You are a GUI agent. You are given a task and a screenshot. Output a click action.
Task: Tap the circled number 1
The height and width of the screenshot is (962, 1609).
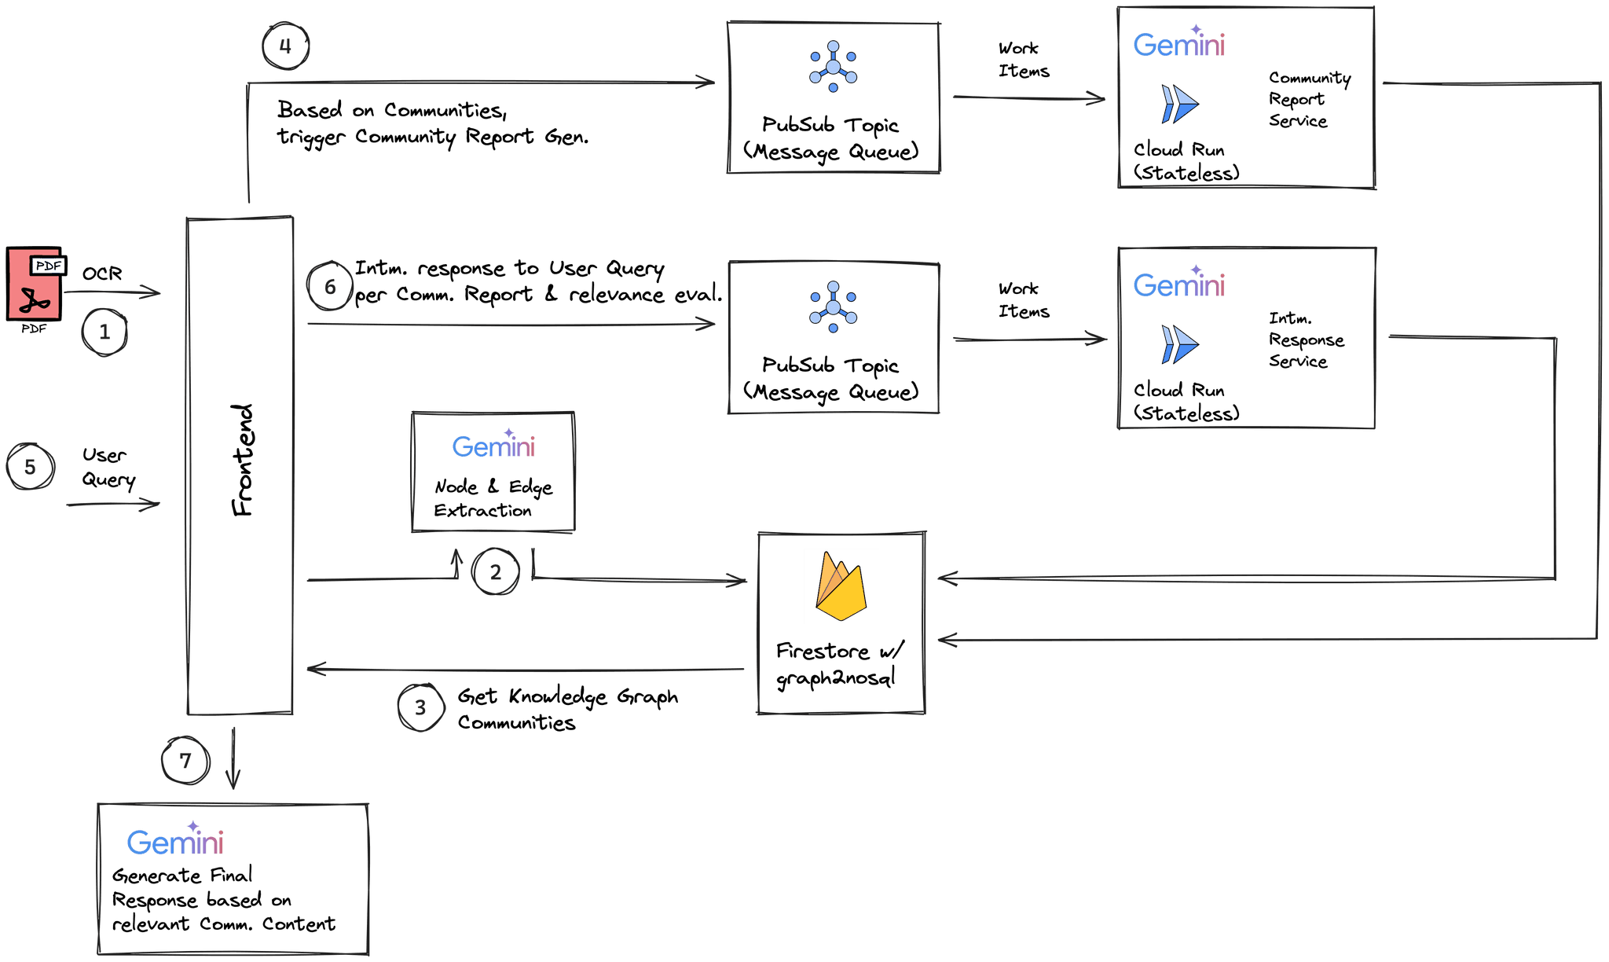(x=104, y=332)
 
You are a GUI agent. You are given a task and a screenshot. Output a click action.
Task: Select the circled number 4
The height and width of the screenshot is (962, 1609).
(x=285, y=46)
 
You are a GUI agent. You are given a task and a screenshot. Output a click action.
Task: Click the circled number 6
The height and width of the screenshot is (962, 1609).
(x=329, y=287)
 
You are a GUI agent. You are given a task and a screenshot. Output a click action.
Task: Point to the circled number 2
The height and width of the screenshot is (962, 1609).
(x=495, y=571)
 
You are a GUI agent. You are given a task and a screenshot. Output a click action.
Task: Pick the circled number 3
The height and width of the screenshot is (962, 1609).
(x=420, y=707)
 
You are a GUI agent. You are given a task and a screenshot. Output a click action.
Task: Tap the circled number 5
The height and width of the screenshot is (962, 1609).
(x=30, y=467)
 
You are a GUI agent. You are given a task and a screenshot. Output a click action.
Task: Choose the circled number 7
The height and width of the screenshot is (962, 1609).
(x=185, y=761)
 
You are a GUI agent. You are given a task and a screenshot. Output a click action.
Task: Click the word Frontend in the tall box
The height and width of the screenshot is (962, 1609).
(x=243, y=461)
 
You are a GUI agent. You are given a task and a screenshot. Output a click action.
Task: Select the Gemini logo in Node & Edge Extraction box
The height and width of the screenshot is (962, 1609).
(x=493, y=446)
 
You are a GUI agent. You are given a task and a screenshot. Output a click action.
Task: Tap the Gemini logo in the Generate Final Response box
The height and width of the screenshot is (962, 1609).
(x=175, y=841)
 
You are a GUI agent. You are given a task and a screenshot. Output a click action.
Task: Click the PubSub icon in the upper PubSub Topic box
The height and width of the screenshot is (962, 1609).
(x=833, y=68)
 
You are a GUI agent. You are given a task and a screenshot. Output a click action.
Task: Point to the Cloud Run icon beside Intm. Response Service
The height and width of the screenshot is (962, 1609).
(x=1179, y=344)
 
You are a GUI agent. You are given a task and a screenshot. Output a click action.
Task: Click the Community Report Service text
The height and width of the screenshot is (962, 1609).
(x=1307, y=99)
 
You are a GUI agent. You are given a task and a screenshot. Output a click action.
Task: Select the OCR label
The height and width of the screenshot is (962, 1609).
(x=102, y=274)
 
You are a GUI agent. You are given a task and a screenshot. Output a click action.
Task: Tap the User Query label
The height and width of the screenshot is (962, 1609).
(x=108, y=467)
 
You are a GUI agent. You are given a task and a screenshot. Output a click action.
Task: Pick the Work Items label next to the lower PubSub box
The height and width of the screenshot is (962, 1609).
(x=1023, y=300)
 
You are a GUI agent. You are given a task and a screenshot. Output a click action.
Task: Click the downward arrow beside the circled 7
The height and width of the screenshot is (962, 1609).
(x=233, y=759)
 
